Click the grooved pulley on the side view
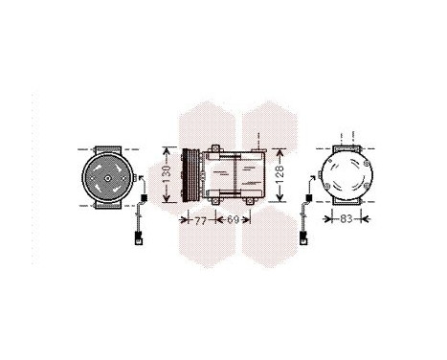click(189, 174)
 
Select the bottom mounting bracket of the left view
click(105, 207)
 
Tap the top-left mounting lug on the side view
click(213, 147)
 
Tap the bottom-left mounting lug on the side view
click(213, 203)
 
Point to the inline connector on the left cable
click(144, 198)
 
